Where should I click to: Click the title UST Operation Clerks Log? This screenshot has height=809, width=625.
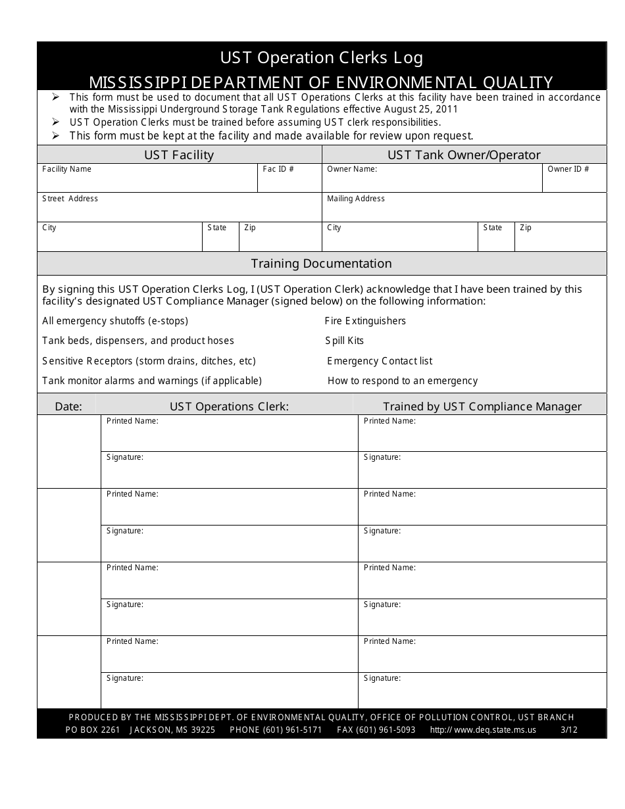click(322, 58)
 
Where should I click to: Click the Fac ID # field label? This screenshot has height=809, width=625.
click(278, 169)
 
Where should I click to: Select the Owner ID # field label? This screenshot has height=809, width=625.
click(568, 169)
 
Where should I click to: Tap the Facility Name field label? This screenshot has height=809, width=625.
click(66, 169)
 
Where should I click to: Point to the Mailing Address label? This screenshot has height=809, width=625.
click(356, 199)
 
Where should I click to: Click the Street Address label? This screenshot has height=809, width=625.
click(70, 199)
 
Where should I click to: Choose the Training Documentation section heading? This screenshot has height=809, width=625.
click(321, 264)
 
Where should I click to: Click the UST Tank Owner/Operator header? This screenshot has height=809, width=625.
click(464, 155)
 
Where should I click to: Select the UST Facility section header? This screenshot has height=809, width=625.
click(179, 155)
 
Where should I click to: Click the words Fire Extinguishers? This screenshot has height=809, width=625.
click(365, 321)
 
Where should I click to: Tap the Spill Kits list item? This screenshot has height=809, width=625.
click(344, 341)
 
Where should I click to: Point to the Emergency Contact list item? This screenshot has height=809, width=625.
click(380, 361)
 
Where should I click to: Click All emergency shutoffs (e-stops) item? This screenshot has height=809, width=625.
click(115, 321)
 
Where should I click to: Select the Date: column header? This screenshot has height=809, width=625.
click(68, 406)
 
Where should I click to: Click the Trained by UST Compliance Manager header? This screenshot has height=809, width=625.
click(482, 406)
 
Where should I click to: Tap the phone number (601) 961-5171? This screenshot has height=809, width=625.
click(292, 730)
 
